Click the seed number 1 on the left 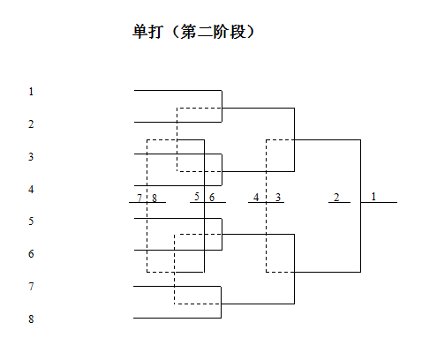(x=31, y=92)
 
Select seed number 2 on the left (x=31, y=124)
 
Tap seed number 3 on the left (x=31, y=157)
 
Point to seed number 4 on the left (x=31, y=189)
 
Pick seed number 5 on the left (x=31, y=221)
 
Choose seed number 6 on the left (x=31, y=254)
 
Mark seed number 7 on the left (x=31, y=286)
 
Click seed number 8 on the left (x=31, y=319)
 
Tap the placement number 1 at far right (x=373, y=197)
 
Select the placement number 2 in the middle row (x=336, y=198)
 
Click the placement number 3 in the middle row (x=278, y=198)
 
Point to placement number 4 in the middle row (x=256, y=198)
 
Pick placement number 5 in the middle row (x=197, y=197)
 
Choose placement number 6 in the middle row (x=212, y=198)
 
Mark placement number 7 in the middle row (x=139, y=198)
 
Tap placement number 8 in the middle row (x=154, y=199)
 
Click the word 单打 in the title (x=147, y=32)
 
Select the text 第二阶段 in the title (x=213, y=32)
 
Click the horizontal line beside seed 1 (x=177, y=90)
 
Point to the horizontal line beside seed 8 (x=177, y=318)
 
